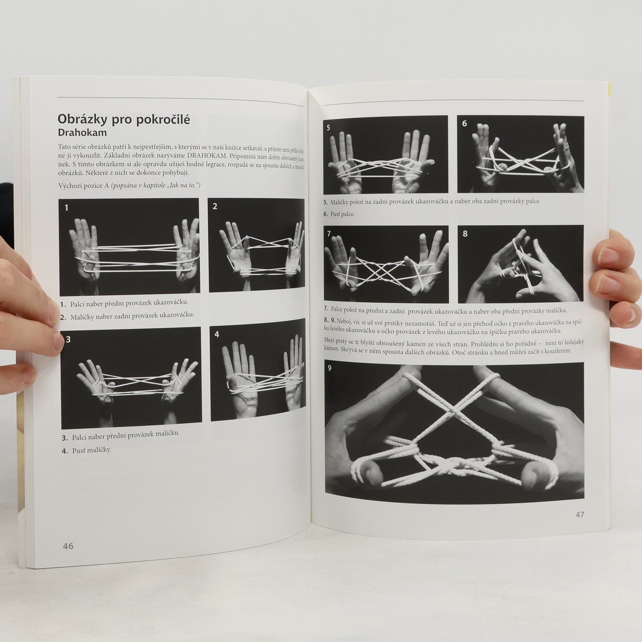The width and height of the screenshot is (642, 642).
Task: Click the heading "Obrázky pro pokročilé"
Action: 124,119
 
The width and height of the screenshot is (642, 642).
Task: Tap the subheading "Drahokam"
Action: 82,133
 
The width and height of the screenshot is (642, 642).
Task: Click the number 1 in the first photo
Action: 66,208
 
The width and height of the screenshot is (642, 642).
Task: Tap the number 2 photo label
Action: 215,206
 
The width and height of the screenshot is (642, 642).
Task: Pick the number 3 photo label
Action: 68,340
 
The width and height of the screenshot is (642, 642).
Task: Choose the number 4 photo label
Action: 217,334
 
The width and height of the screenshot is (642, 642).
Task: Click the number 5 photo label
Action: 328,127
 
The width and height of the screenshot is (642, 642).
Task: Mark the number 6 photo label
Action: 464,124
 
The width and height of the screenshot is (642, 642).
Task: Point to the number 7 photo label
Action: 329,234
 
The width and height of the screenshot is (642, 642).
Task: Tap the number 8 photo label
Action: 465,234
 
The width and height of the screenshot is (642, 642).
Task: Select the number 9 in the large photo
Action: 330,368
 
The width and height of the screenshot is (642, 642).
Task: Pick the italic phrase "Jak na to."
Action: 183,185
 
